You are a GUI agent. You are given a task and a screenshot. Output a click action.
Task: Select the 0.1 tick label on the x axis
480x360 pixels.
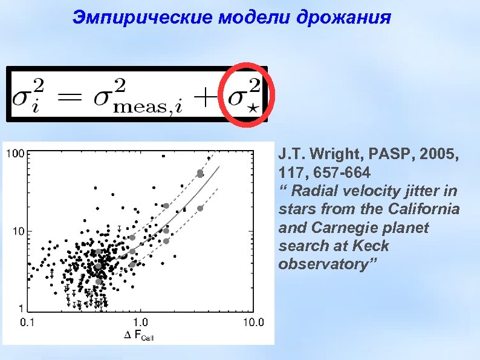click(x=28, y=321)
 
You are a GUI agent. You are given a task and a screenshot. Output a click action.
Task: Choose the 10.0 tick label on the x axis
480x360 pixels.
click(x=253, y=321)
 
